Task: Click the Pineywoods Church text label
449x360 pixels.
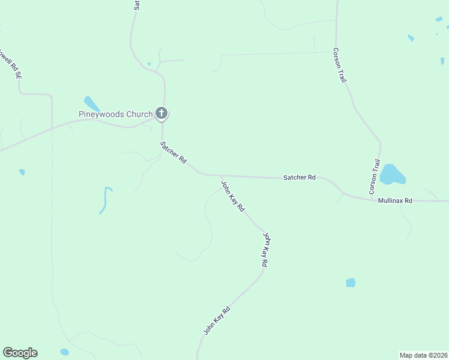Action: click(x=116, y=114)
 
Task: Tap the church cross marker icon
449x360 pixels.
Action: click(x=161, y=113)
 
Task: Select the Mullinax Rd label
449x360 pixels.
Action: click(x=395, y=201)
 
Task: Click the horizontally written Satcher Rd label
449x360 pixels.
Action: click(x=300, y=178)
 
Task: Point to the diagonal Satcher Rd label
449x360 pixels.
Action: click(x=173, y=153)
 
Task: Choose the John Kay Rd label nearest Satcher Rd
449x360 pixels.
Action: click(x=233, y=196)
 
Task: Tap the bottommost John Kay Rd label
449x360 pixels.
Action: click(x=217, y=321)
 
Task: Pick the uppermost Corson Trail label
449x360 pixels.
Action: click(x=340, y=65)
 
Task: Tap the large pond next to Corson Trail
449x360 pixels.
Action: click(x=393, y=174)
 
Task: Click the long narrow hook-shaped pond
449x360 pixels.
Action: click(x=106, y=200)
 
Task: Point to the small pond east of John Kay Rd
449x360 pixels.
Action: click(x=351, y=283)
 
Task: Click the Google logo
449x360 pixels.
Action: click(x=20, y=353)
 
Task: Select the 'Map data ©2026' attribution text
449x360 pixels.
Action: click(x=423, y=355)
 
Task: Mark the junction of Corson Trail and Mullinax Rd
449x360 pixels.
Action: click(x=372, y=199)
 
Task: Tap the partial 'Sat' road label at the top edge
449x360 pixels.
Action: click(x=137, y=5)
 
